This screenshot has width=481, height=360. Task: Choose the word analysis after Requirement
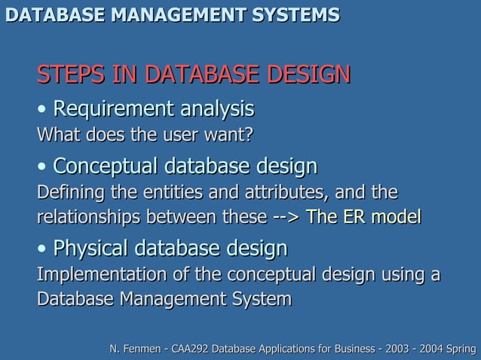pos(216,109)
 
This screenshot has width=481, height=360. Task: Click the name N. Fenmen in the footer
pos(136,349)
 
